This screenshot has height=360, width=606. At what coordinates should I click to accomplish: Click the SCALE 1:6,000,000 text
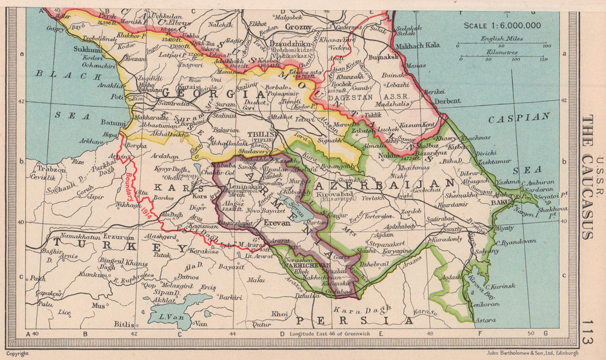pos(503,25)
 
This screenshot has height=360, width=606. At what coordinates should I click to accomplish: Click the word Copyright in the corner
pos(17,353)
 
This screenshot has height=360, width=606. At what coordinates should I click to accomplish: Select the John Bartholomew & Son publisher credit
pos(532,353)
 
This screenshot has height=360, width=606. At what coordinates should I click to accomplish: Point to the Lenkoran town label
pos(476,304)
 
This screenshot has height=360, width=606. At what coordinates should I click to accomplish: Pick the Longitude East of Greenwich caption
pos(333,333)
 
